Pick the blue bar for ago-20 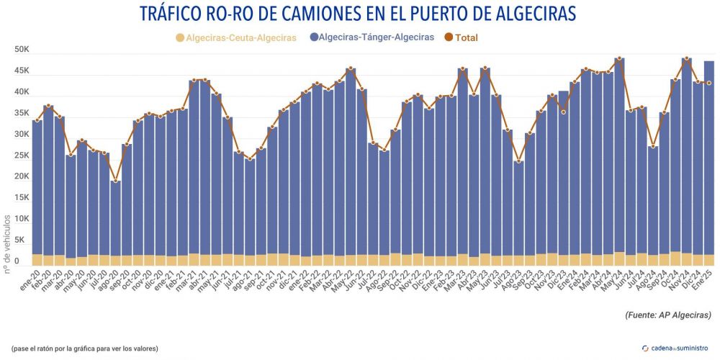coord(115,216)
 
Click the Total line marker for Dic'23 coord(562,112)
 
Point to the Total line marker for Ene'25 coord(709,83)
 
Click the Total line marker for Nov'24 coord(687,59)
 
